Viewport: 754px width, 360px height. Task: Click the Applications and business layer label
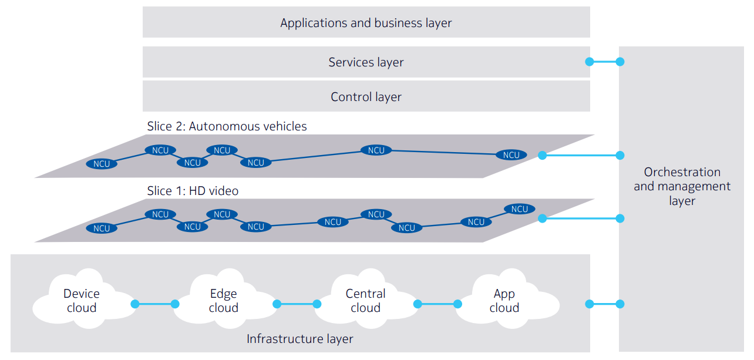(x=366, y=23)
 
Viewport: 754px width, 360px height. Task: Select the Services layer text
(x=366, y=62)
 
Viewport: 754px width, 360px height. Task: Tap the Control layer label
(x=366, y=97)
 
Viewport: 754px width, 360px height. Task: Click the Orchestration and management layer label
(x=682, y=186)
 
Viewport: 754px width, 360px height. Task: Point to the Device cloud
(x=82, y=301)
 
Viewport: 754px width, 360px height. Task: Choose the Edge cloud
(x=224, y=301)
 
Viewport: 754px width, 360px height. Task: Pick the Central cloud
(x=365, y=301)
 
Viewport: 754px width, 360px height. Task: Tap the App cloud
(x=504, y=301)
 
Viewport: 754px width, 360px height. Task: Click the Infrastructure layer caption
(x=299, y=339)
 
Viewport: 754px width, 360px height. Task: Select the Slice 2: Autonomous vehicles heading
(x=227, y=126)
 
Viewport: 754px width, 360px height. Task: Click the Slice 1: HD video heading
(x=193, y=191)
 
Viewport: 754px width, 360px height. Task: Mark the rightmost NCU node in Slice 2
(x=511, y=155)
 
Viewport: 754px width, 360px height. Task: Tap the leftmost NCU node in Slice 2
(x=102, y=164)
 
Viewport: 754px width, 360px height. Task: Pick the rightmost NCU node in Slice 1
(x=520, y=209)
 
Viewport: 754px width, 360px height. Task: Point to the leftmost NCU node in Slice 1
(x=102, y=228)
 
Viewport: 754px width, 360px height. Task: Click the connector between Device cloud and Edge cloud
(x=154, y=304)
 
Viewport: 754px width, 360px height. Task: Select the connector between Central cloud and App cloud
(x=437, y=304)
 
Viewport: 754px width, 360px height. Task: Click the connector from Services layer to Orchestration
(x=605, y=62)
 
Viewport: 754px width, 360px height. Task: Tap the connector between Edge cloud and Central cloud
(x=297, y=304)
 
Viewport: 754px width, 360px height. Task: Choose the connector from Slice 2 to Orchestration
(x=581, y=156)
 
